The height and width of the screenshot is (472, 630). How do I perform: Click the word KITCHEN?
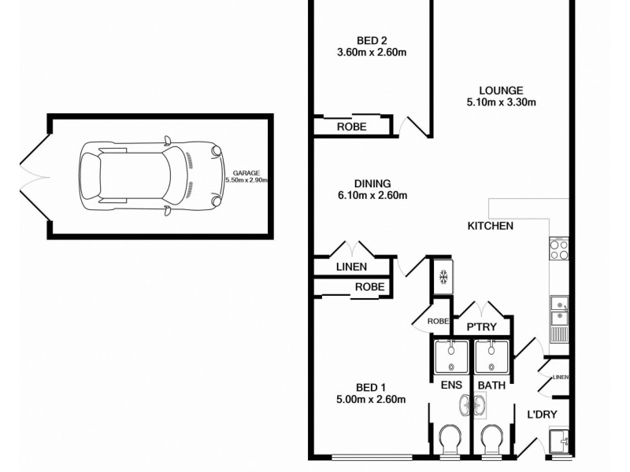point(491,227)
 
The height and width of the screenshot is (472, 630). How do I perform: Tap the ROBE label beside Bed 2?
point(351,127)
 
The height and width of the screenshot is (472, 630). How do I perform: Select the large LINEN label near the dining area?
point(351,267)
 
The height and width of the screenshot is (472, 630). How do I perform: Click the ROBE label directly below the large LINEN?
point(369,287)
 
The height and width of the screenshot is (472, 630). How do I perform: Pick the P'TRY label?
point(480,326)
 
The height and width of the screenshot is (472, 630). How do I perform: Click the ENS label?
point(450,385)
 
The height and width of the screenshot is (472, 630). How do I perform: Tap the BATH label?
point(492,385)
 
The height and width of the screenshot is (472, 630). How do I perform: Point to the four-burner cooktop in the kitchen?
point(558,249)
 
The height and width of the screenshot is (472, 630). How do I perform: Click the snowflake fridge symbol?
point(443,278)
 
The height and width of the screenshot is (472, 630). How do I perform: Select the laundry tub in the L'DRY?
point(561,442)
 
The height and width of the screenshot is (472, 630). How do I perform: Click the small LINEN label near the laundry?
point(560,377)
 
